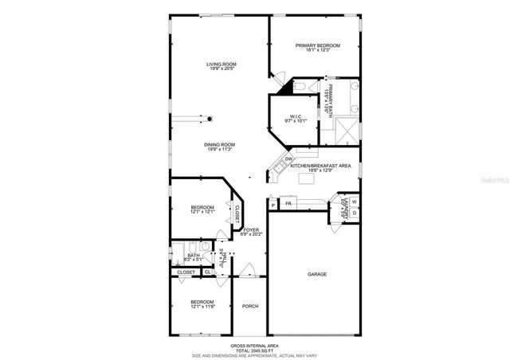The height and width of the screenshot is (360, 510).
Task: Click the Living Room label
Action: click(222, 65)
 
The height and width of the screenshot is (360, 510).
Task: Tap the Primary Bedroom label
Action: click(318, 46)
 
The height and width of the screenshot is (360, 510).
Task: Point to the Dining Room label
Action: click(222, 145)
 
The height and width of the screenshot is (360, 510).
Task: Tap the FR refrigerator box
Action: click(288, 205)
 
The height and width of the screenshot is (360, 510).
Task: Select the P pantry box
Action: click(273, 205)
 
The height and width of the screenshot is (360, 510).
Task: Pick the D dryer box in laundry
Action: click(355, 213)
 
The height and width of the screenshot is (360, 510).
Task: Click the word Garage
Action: click(317, 274)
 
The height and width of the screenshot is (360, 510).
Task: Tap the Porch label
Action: click(250, 306)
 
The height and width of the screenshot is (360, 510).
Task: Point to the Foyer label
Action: click(251, 230)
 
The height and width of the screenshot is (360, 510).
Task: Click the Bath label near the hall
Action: click(194, 256)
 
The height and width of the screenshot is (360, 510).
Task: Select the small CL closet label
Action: click(207, 272)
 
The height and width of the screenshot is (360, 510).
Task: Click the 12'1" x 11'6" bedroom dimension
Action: click(202, 307)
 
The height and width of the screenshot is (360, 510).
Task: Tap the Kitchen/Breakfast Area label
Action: click(320, 166)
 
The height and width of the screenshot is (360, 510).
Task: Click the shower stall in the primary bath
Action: click(345, 129)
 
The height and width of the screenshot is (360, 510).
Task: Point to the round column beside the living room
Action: click(210, 119)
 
